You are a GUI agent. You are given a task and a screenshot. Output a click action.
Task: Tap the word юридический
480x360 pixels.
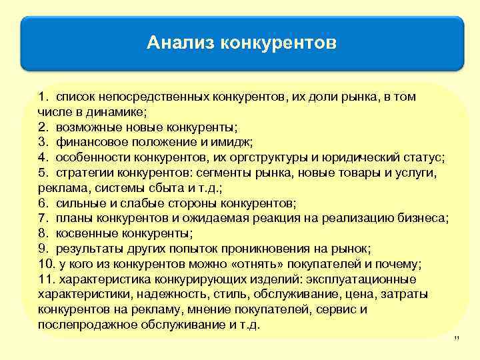coord(375,157)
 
